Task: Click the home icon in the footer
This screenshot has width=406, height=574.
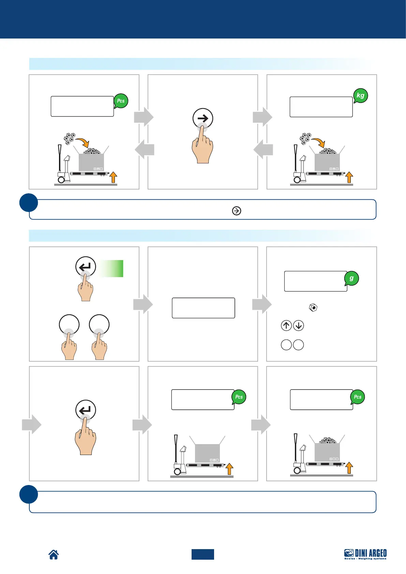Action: click(54, 555)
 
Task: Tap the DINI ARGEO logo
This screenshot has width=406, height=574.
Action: click(365, 554)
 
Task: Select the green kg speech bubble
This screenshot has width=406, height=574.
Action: click(360, 96)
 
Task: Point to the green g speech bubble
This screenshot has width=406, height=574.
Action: click(351, 278)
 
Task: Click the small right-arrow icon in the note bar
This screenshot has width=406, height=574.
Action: click(236, 211)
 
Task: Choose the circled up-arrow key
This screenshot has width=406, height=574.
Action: click(286, 326)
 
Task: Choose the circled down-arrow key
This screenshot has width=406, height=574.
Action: click(299, 326)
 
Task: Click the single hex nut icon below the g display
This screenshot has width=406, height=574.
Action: click(313, 307)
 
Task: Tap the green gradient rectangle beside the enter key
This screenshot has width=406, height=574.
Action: click(111, 268)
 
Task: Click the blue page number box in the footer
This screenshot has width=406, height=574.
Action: click(202, 554)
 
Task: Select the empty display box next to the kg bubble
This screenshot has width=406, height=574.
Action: click(321, 107)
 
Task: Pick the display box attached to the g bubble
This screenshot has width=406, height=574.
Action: click(315, 281)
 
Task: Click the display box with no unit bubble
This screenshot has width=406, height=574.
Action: click(203, 308)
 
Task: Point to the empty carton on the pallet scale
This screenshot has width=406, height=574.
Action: click(207, 453)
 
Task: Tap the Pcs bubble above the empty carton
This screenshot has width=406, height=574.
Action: click(239, 397)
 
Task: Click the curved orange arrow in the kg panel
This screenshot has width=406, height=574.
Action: click(318, 141)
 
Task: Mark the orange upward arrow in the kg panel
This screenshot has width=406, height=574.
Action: click(349, 178)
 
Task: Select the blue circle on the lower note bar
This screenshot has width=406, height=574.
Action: click(29, 494)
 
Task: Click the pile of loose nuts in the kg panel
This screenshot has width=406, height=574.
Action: click(305, 138)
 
